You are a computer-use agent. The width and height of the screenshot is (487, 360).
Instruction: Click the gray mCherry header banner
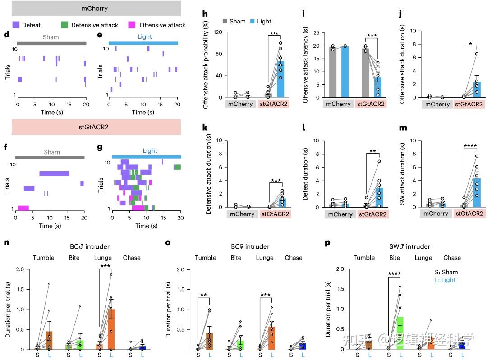pos(96,8)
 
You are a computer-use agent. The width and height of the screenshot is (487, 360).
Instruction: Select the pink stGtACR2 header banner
pos(96,127)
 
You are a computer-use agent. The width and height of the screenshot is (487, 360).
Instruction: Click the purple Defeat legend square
pos(15,25)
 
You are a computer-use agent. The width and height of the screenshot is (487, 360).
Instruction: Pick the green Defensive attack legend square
pos(65,25)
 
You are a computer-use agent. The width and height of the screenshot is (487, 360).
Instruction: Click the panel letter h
pos(205,14)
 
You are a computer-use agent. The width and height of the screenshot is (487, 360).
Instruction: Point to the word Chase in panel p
pos(452,258)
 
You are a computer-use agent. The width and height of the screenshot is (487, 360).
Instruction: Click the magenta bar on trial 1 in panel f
pos(23,208)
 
